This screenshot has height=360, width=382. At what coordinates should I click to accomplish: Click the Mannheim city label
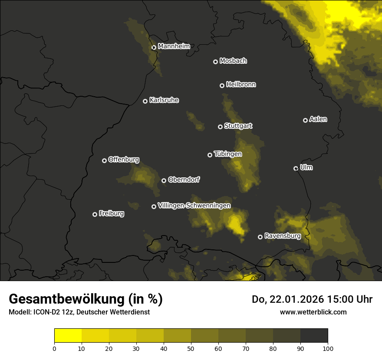pyautogui.click(x=174, y=46)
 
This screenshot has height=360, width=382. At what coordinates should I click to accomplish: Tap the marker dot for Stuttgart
pyautogui.click(x=220, y=127)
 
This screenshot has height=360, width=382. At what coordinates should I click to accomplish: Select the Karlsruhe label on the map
pyautogui.click(x=164, y=100)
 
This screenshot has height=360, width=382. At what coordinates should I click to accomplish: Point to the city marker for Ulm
pyautogui.click(x=296, y=168)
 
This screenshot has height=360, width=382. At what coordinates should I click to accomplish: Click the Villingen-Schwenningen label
pyautogui.click(x=194, y=206)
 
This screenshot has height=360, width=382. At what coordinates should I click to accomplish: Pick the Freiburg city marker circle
pyautogui.click(x=95, y=214)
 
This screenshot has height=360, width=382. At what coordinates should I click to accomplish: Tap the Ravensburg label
pyautogui.click(x=282, y=236)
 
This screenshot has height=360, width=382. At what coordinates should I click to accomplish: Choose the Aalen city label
pyautogui.click(x=318, y=119)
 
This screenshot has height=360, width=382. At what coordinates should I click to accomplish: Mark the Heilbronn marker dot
pyautogui.click(x=222, y=85)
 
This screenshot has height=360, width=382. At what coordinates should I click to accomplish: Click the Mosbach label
pyautogui.click(x=233, y=61)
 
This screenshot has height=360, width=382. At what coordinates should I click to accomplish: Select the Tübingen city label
pyautogui.click(x=227, y=154)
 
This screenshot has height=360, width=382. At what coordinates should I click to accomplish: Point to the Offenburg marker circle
pyautogui.click(x=104, y=160)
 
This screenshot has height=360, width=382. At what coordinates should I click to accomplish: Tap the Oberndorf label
pyautogui.click(x=184, y=180)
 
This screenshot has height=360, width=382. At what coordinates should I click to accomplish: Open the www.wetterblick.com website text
pyautogui.click(x=313, y=312)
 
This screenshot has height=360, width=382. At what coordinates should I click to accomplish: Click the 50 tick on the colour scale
pyautogui.click(x=191, y=348)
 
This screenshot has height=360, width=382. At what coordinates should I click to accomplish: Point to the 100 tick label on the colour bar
pyautogui.click(x=328, y=348)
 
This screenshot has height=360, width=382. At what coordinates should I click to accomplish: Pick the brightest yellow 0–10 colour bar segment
pyautogui.click(x=68, y=336)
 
